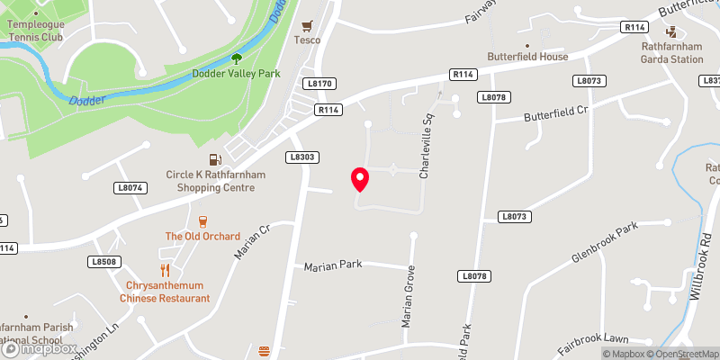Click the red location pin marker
coord(360,179)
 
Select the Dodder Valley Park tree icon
coord(237,58)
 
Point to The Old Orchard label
coord(202,237)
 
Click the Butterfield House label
coord(528,57)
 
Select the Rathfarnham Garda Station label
coord(672,53)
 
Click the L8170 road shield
coord(319,84)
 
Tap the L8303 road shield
coord(302,157)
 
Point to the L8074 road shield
coord(130,188)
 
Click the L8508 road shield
coord(104,261)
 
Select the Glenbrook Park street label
coord(604,242)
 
